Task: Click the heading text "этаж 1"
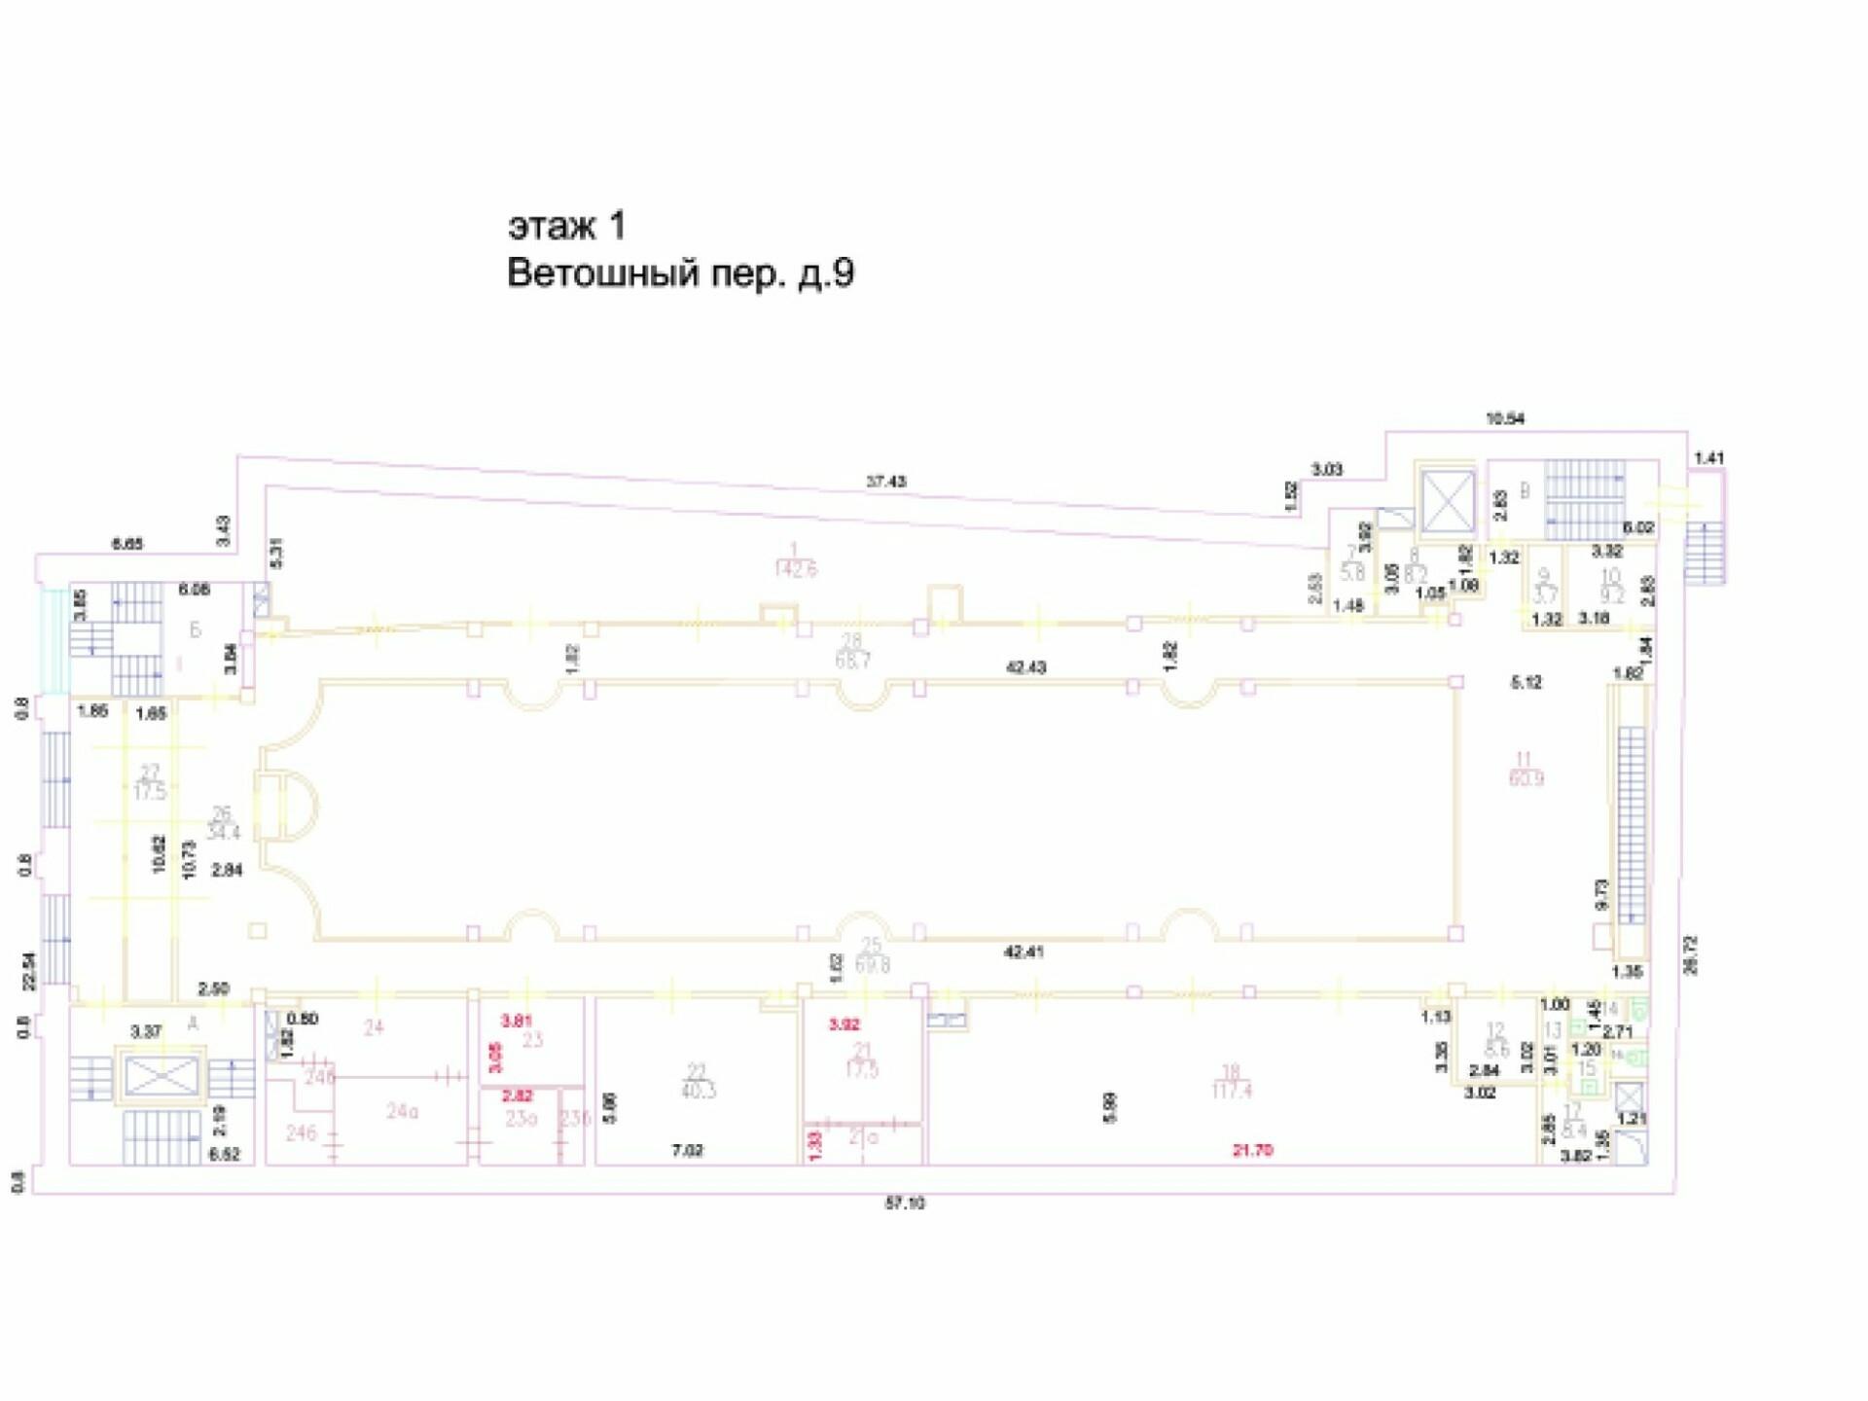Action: [567, 226]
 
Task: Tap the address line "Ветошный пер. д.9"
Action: [680, 273]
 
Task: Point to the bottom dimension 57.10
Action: [904, 1203]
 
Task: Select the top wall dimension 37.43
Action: [885, 481]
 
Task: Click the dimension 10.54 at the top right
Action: [1504, 418]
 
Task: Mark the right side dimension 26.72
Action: [1690, 954]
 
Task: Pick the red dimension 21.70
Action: [1252, 1150]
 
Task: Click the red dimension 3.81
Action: [517, 1021]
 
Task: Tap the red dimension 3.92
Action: [844, 1024]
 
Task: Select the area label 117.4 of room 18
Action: [1232, 1091]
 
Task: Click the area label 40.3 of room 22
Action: [699, 1091]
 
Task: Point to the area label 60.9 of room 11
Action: [1526, 778]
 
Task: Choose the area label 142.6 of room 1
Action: [795, 569]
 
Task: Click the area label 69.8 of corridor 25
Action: [873, 965]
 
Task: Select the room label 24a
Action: [402, 1111]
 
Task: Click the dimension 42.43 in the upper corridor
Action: [1025, 667]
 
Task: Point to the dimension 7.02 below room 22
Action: [687, 1150]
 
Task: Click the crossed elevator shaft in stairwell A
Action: [162, 1076]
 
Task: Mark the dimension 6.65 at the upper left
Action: [126, 544]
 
